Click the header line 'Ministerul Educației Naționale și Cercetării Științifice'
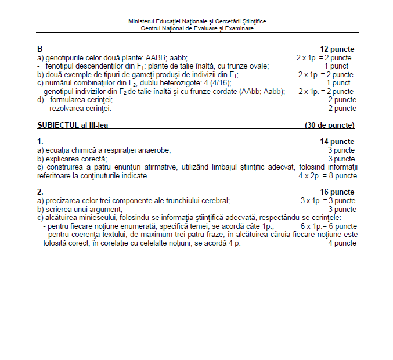[197, 21]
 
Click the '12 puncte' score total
[337, 49]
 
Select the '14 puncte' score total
[337, 142]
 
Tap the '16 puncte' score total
[337, 192]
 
